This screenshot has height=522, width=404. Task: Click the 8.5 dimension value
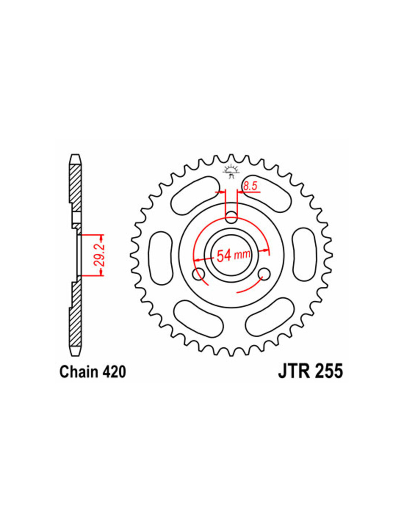coord(250,186)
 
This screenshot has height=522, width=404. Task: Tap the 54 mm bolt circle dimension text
coord(233,255)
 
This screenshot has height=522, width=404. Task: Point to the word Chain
coord(79,372)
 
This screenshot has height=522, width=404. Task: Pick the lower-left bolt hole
coord(199,274)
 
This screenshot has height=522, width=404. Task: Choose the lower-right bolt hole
coord(264,274)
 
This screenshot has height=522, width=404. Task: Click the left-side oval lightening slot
coord(160,258)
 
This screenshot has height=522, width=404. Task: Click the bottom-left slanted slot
coord(199,317)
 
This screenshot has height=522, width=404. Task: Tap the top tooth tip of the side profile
coord(75,155)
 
